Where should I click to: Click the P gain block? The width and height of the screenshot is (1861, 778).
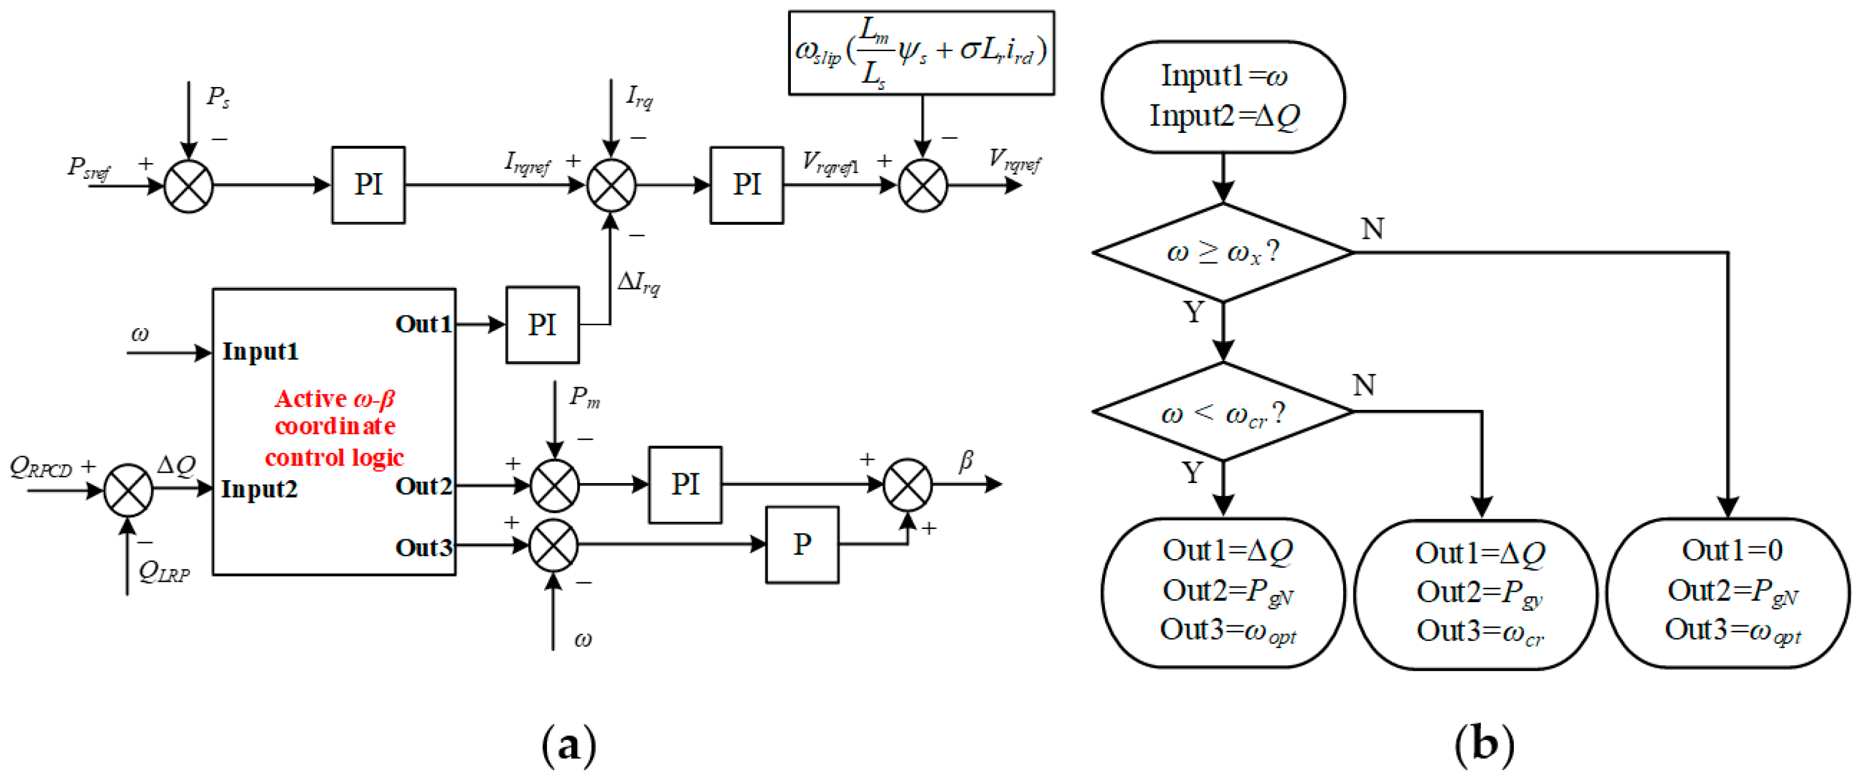pos(802,545)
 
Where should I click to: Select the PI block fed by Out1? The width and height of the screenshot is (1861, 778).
pos(542,325)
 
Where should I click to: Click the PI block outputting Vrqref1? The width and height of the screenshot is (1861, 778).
pos(746,185)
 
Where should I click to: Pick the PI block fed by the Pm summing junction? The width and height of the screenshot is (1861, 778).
pos(685,484)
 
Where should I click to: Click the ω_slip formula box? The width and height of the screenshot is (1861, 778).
pos(921,52)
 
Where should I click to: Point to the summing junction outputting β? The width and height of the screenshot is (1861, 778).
pos(908,484)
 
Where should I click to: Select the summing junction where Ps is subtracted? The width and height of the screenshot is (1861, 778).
pos(189,186)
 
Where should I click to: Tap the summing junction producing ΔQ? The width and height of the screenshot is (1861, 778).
pos(128,491)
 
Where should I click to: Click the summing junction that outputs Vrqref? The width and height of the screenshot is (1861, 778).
pos(923,186)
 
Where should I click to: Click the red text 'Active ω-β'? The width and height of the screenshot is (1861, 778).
pos(334,399)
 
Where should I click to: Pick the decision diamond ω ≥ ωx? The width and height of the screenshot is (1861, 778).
pos(1222,252)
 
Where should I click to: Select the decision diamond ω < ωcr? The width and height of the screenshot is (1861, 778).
pos(1222,412)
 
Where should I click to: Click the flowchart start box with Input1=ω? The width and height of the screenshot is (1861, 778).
pos(1222,96)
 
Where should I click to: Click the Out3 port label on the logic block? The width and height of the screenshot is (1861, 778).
pos(423,548)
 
